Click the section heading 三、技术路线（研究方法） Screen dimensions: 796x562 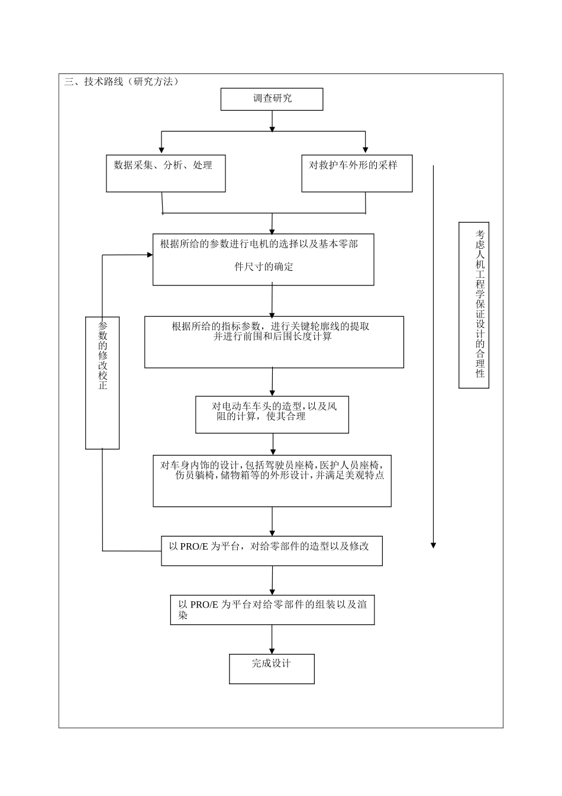click(x=121, y=82)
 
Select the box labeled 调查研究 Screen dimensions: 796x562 click(x=272, y=99)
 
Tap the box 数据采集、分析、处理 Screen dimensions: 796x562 click(x=166, y=174)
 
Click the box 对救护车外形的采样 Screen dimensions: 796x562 click(x=357, y=174)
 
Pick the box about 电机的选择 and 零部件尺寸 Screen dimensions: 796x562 click(x=263, y=259)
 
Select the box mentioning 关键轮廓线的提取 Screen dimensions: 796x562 click(x=274, y=342)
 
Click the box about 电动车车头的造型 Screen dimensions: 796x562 click(x=272, y=415)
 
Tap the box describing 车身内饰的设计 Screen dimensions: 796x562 click(x=272, y=480)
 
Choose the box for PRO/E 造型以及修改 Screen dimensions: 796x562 click(x=272, y=551)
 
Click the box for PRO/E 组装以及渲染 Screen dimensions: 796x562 click(x=272, y=610)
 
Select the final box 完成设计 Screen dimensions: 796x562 click(x=272, y=669)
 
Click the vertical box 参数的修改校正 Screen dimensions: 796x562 click(x=102, y=381)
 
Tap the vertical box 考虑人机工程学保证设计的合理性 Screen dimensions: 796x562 click(x=474, y=305)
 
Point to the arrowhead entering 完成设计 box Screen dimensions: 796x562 click(x=272, y=650)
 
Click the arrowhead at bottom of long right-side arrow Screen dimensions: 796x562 click(x=433, y=545)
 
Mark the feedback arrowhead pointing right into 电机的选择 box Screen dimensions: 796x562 click(x=150, y=255)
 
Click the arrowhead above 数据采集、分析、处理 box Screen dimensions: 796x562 click(x=162, y=150)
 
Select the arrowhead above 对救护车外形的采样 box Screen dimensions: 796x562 click(x=366, y=150)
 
